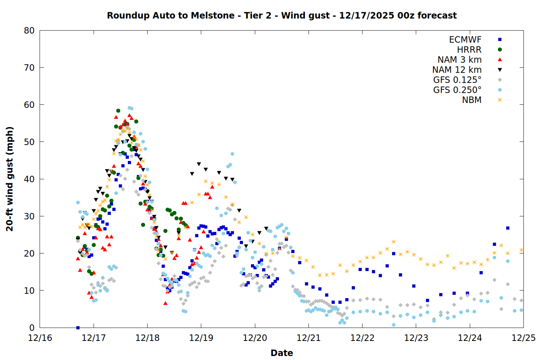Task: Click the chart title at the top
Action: pyautogui.click(x=282, y=15)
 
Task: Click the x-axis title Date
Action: pyautogui.click(x=282, y=353)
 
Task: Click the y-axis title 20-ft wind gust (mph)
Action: pyautogui.click(x=10, y=179)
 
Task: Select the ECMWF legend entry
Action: pyautogui.click(x=465, y=40)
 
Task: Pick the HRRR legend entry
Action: pyautogui.click(x=469, y=50)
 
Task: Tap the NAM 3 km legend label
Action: pyautogui.click(x=459, y=60)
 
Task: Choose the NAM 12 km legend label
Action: pyautogui.click(x=457, y=70)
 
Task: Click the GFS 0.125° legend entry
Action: pyautogui.click(x=457, y=80)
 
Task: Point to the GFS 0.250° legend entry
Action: pyautogui.click(x=457, y=90)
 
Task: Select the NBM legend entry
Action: pyautogui.click(x=472, y=100)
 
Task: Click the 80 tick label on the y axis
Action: pyautogui.click(x=29, y=31)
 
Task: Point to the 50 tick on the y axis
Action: pyautogui.click(x=29, y=142)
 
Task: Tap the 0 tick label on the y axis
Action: pyautogui.click(x=32, y=328)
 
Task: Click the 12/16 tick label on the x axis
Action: pyautogui.click(x=40, y=338)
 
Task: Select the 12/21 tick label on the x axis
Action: pyautogui.click(x=309, y=338)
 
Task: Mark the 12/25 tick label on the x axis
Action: pyautogui.click(x=523, y=338)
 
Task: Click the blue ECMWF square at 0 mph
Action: pyautogui.click(x=78, y=328)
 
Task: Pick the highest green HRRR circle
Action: pyautogui.click(x=118, y=111)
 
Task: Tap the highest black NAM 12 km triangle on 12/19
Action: pyautogui.click(x=199, y=164)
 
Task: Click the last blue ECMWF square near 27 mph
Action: pyautogui.click(x=508, y=228)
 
